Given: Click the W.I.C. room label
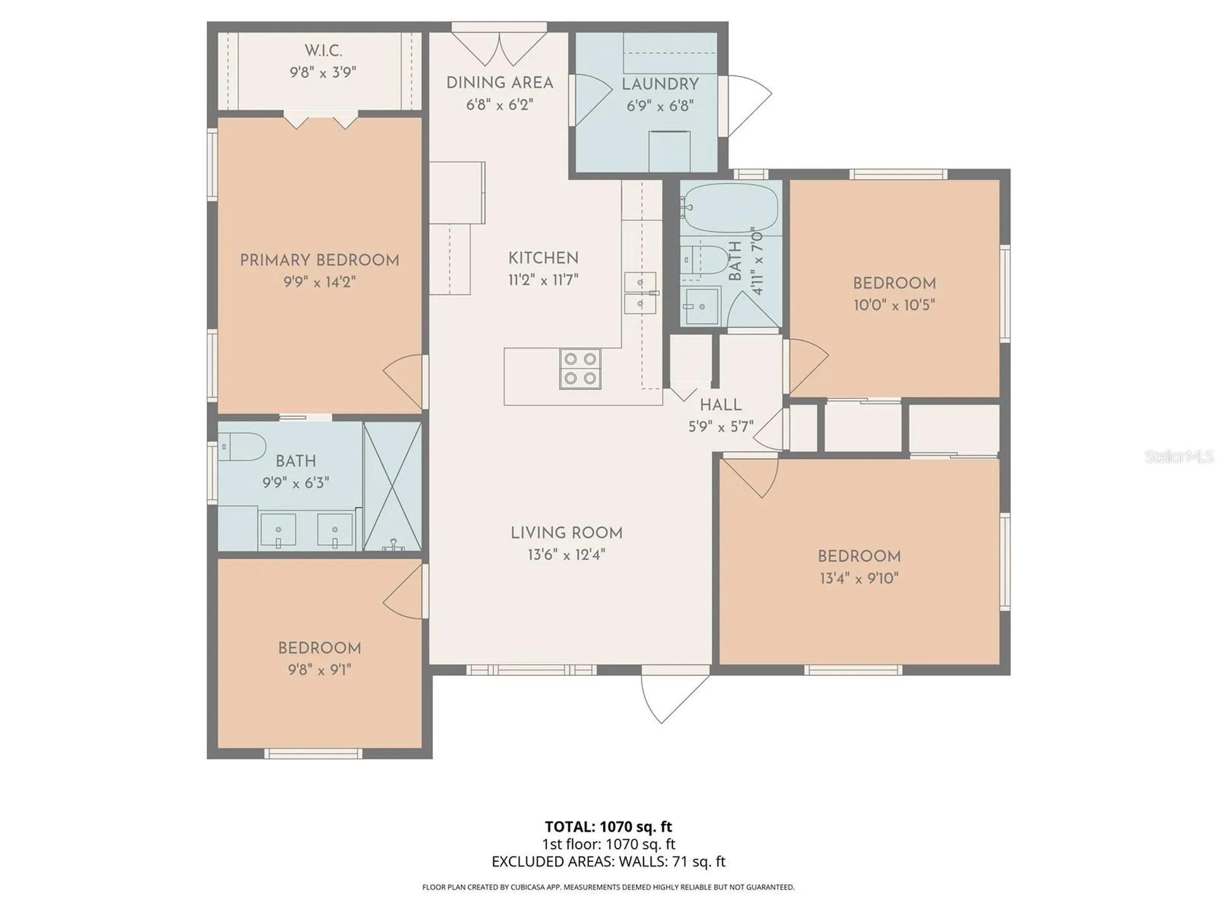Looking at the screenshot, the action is [x=323, y=51].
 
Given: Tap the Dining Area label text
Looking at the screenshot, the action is [x=499, y=83].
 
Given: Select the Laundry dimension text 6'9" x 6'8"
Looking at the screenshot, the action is [x=660, y=106].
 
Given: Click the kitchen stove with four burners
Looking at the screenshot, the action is [x=580, y=369].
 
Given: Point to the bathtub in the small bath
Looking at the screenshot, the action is [x=731, y=208].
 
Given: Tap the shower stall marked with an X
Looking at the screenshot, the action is [x=392, y=486].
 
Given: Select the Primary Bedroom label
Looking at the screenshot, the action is [x=319, y=260].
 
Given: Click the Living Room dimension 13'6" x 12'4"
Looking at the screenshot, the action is [x=566, y=555].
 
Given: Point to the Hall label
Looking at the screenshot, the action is [x=721, y=405].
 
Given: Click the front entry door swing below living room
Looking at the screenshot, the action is [x=674, y=694].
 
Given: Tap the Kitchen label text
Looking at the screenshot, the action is [x=543, y=258].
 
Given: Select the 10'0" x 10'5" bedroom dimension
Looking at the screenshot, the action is [x=894, y=305].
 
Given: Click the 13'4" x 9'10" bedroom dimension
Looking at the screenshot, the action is [x=859, y=578].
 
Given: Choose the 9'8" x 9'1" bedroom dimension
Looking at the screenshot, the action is [x=319, y=670].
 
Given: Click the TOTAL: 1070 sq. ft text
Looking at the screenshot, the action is [x=608, y=826].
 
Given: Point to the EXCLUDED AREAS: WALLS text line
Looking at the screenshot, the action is [x=608, y=861].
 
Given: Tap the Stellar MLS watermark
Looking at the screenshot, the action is [x=1179, y=456].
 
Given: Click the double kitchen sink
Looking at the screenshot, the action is [x=640, y=293].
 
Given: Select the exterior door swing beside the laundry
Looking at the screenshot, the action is [x=749, y=106].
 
